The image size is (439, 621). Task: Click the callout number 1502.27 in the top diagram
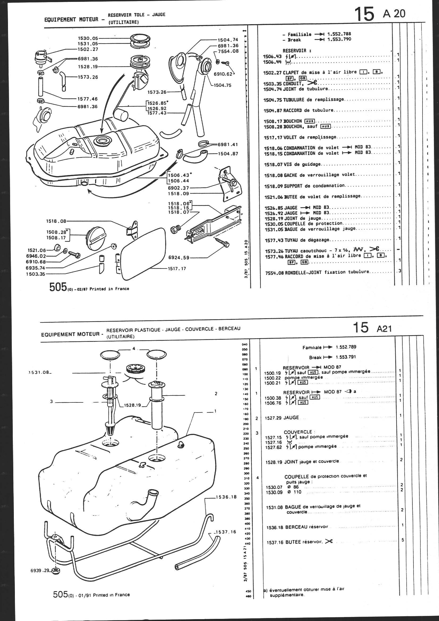[x=88, y=49]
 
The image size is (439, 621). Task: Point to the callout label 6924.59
[x=179, y=257]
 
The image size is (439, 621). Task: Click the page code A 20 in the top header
[x=394, y=14]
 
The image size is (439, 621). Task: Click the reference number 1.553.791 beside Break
[x=346, y=357]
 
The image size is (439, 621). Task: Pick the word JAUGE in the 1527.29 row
[x=291, y=418]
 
